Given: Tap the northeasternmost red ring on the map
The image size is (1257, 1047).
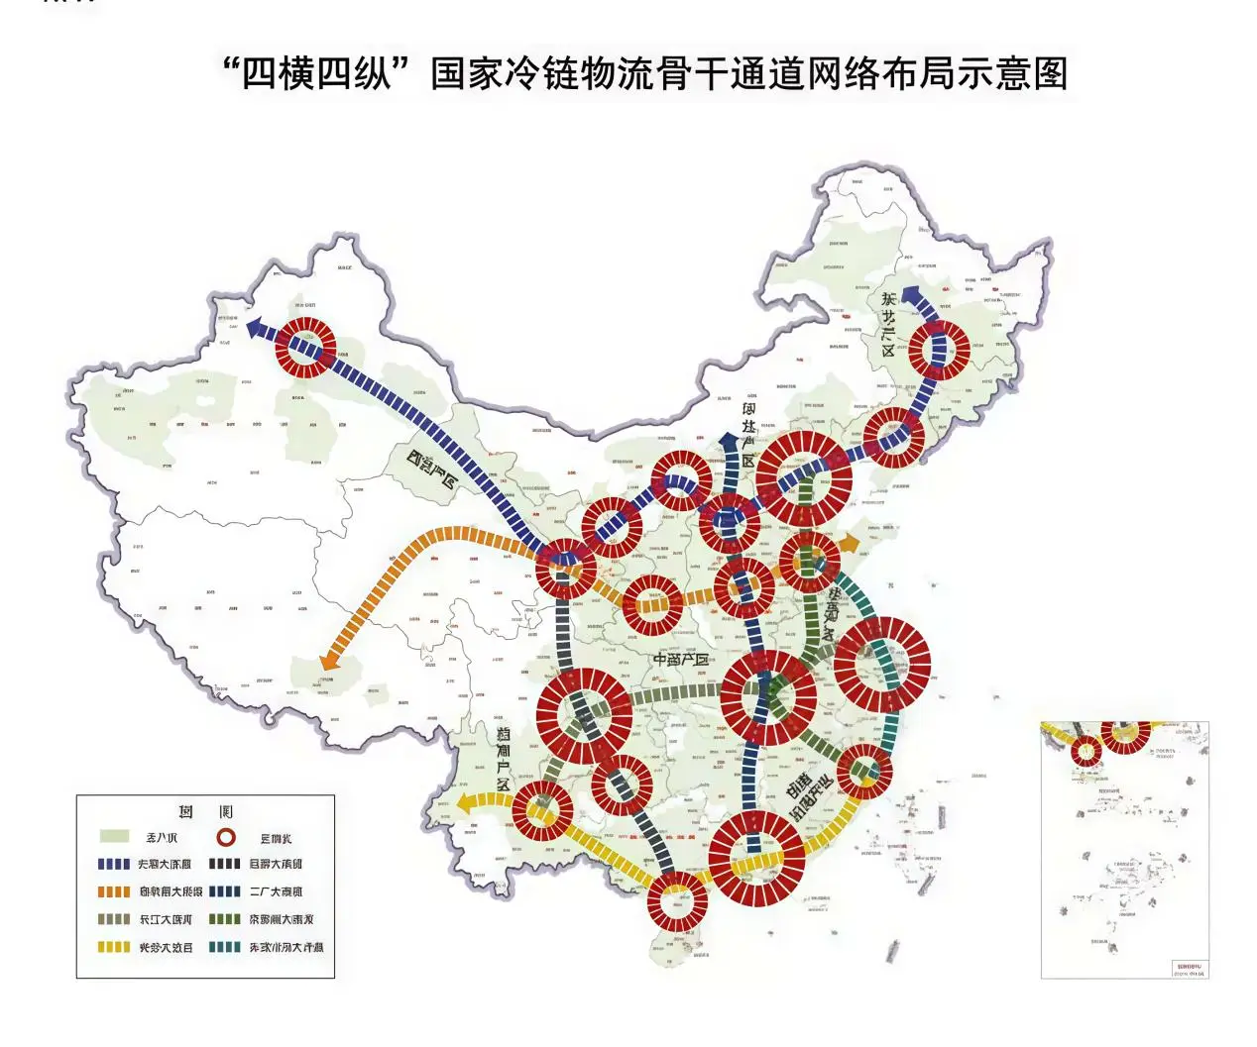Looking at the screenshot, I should tap(939, 350).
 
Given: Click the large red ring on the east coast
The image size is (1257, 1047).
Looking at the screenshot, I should tap(881, 665).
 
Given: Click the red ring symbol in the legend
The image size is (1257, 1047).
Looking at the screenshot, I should tap(225, 837).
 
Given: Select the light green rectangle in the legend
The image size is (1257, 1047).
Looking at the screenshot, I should tap(114, 837).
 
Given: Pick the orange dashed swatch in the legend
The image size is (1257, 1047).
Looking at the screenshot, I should tap(114, 891).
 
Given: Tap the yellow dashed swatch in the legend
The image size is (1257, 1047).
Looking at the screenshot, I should tap(114, 947).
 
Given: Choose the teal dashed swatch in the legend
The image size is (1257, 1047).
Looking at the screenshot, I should tap(224, 947).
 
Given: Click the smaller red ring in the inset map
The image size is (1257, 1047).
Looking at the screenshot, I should tap(1086, 750).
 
